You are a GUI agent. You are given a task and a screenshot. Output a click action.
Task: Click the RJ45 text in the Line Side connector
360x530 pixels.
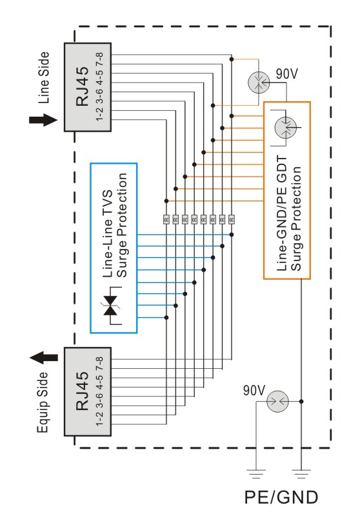click(82, 86)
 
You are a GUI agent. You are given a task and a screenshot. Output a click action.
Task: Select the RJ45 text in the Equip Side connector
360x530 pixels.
click(82, 391)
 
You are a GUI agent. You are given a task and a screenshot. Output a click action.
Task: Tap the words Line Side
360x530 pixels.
click(44, 77)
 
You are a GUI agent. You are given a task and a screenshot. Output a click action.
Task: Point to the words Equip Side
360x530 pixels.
click(43, 402)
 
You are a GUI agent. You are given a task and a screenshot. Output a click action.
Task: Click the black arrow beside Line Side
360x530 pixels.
click(43, 121)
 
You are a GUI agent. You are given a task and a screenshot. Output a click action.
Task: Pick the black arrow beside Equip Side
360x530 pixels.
click(44, 358)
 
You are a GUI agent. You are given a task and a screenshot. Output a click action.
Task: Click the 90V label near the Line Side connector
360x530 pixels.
click(286, 74)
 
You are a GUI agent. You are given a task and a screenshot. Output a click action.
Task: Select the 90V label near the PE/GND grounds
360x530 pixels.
click(254, 390)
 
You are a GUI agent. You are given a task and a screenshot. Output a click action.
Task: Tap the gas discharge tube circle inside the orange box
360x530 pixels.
click(285, 128)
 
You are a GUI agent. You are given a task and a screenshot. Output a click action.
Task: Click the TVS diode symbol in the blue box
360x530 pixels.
click(110, 306)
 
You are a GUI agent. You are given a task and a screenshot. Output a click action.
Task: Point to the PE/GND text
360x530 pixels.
click(281, 497)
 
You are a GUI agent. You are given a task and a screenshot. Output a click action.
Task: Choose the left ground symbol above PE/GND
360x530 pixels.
click(255, 474)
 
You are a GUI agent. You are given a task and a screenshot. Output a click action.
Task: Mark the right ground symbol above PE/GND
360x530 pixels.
click(301, 474)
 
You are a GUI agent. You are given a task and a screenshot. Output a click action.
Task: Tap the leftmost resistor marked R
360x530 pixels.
click(166, 219)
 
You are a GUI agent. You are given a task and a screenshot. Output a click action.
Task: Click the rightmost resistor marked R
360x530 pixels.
click(232, 219)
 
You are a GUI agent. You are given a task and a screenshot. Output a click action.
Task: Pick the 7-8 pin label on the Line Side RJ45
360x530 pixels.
click(99, 59)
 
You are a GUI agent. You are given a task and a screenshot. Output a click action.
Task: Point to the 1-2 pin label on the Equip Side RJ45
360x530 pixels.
click(99, 419)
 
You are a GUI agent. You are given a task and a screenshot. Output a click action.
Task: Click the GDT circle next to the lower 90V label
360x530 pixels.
click(277, 402)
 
